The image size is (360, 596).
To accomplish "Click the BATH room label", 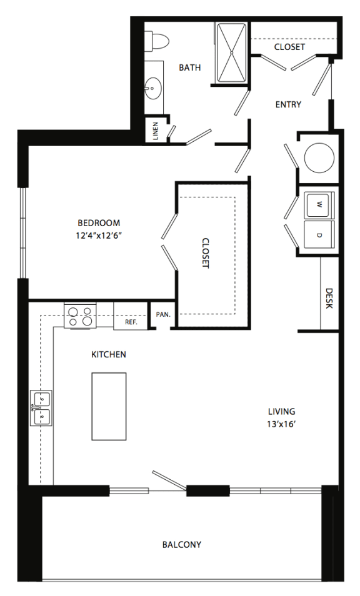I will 189,67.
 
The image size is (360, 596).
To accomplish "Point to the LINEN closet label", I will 156,132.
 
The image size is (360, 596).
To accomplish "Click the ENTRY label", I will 288,104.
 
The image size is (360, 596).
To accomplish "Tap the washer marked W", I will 319,205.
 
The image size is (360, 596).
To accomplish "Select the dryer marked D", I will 319,235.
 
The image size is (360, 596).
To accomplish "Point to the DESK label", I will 329,298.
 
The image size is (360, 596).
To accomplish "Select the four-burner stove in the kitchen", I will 80,315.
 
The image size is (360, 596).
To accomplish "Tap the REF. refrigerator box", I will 131,322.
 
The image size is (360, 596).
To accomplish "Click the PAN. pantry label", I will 162,314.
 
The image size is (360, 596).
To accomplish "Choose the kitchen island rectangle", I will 109,406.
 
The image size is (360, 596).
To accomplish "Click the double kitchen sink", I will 41,409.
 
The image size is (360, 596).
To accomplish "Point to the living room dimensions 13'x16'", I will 281,422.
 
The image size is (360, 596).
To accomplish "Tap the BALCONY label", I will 181,544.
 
